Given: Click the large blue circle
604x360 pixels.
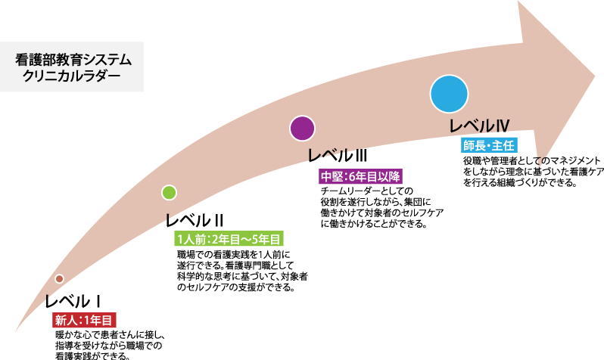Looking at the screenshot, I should tap(449, 95).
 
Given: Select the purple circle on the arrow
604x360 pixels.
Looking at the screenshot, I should tap(302, 129).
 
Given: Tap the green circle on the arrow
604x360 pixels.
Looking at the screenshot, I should tap(169, 193).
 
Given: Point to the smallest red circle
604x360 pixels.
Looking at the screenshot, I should tap(59, 279).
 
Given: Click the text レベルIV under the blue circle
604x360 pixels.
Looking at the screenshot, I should tap(478, 126).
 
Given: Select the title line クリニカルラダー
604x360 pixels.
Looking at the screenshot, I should tap(72, 76).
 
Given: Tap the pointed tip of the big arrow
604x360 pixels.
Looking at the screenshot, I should tap(594, 76).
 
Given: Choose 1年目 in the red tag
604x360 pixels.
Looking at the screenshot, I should tap(98, 321).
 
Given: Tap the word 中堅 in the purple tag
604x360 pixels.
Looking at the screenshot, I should tap(332, 177).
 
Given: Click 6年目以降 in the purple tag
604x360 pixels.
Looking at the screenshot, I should tap(374, 177).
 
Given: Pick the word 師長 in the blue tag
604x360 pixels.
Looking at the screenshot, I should tap(475, 145).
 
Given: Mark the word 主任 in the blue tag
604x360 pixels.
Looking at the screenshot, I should tap(503, 145).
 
